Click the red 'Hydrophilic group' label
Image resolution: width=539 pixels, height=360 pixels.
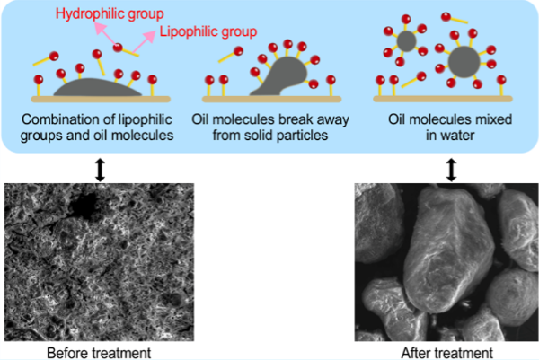[x=110, y=14]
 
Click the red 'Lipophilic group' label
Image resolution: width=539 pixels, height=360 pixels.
[x=208, y=31]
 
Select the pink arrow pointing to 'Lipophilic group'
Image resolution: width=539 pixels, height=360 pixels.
[x=145, y=42]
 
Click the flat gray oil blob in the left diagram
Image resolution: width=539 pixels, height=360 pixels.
[x=97, y=88]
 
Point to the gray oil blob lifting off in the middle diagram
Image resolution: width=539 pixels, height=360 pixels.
[x=283, y=76]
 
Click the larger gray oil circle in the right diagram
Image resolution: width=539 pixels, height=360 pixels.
[x=464, y=62]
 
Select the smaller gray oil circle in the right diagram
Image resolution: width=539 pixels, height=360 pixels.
[x=406, y=41]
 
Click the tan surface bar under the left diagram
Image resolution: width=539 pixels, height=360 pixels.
[x=101, y=100]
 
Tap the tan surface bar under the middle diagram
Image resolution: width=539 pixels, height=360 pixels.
[x=271, y=100]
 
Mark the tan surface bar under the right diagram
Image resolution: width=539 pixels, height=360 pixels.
[x=443, y=100]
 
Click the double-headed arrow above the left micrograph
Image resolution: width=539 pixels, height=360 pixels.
[x=100, y=170]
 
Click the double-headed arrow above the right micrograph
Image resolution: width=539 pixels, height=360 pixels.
[x=451, y=170]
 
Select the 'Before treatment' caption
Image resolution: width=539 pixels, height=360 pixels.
[x=99, y=353]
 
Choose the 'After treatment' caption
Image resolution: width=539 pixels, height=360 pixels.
[x=446, y=353]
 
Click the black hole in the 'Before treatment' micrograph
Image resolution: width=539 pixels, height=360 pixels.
[x=84, y=206]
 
